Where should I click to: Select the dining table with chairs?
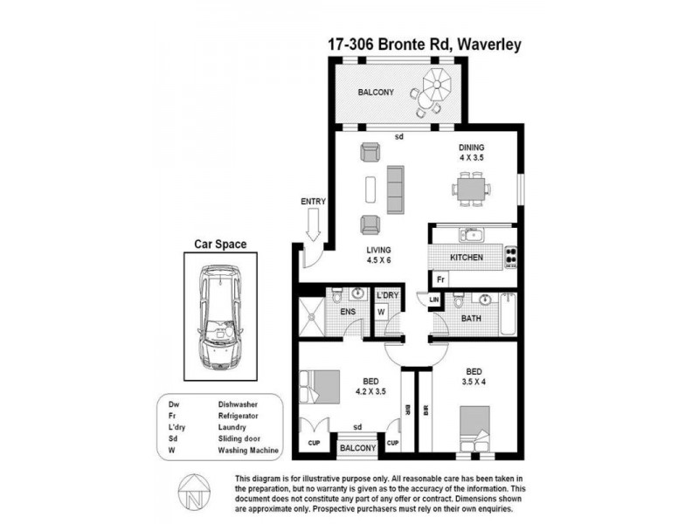471,189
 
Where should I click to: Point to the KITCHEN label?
467,259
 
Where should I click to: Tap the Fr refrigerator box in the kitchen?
441,279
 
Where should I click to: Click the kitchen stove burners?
511,258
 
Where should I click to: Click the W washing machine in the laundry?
382,311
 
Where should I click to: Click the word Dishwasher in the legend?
239,404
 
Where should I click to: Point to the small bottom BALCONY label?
358,448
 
